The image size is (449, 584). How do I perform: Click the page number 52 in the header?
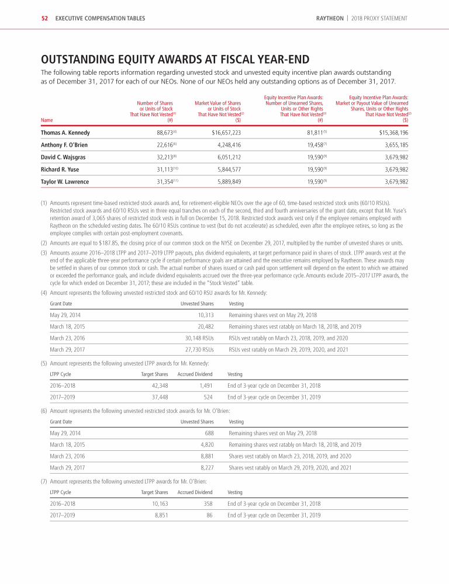point(44,19)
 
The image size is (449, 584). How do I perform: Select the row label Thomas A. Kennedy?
point(65,133)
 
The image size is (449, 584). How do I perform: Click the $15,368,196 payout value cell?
point(389,133)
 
